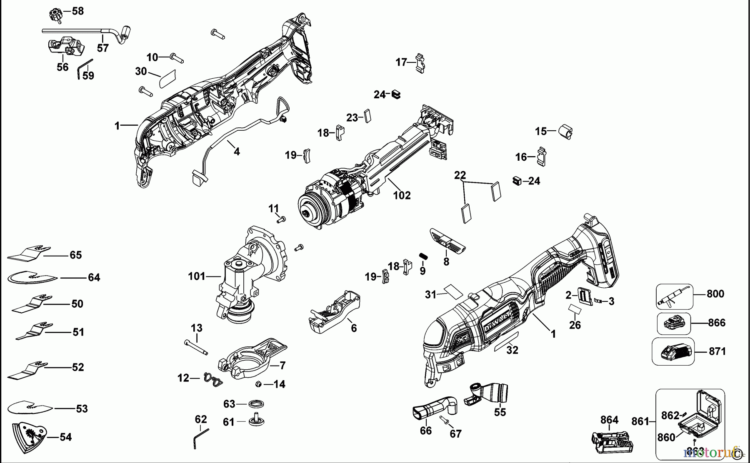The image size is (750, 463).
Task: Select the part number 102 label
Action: (x=402, y=195)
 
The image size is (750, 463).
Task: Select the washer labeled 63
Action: (x=256, y=404)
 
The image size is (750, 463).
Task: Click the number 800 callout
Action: (x=715, y=294)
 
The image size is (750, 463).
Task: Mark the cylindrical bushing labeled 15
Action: (x=565, y=131)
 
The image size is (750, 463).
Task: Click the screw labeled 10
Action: (x=177, y=57)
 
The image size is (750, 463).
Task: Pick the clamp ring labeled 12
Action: (x=212, y=380)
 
